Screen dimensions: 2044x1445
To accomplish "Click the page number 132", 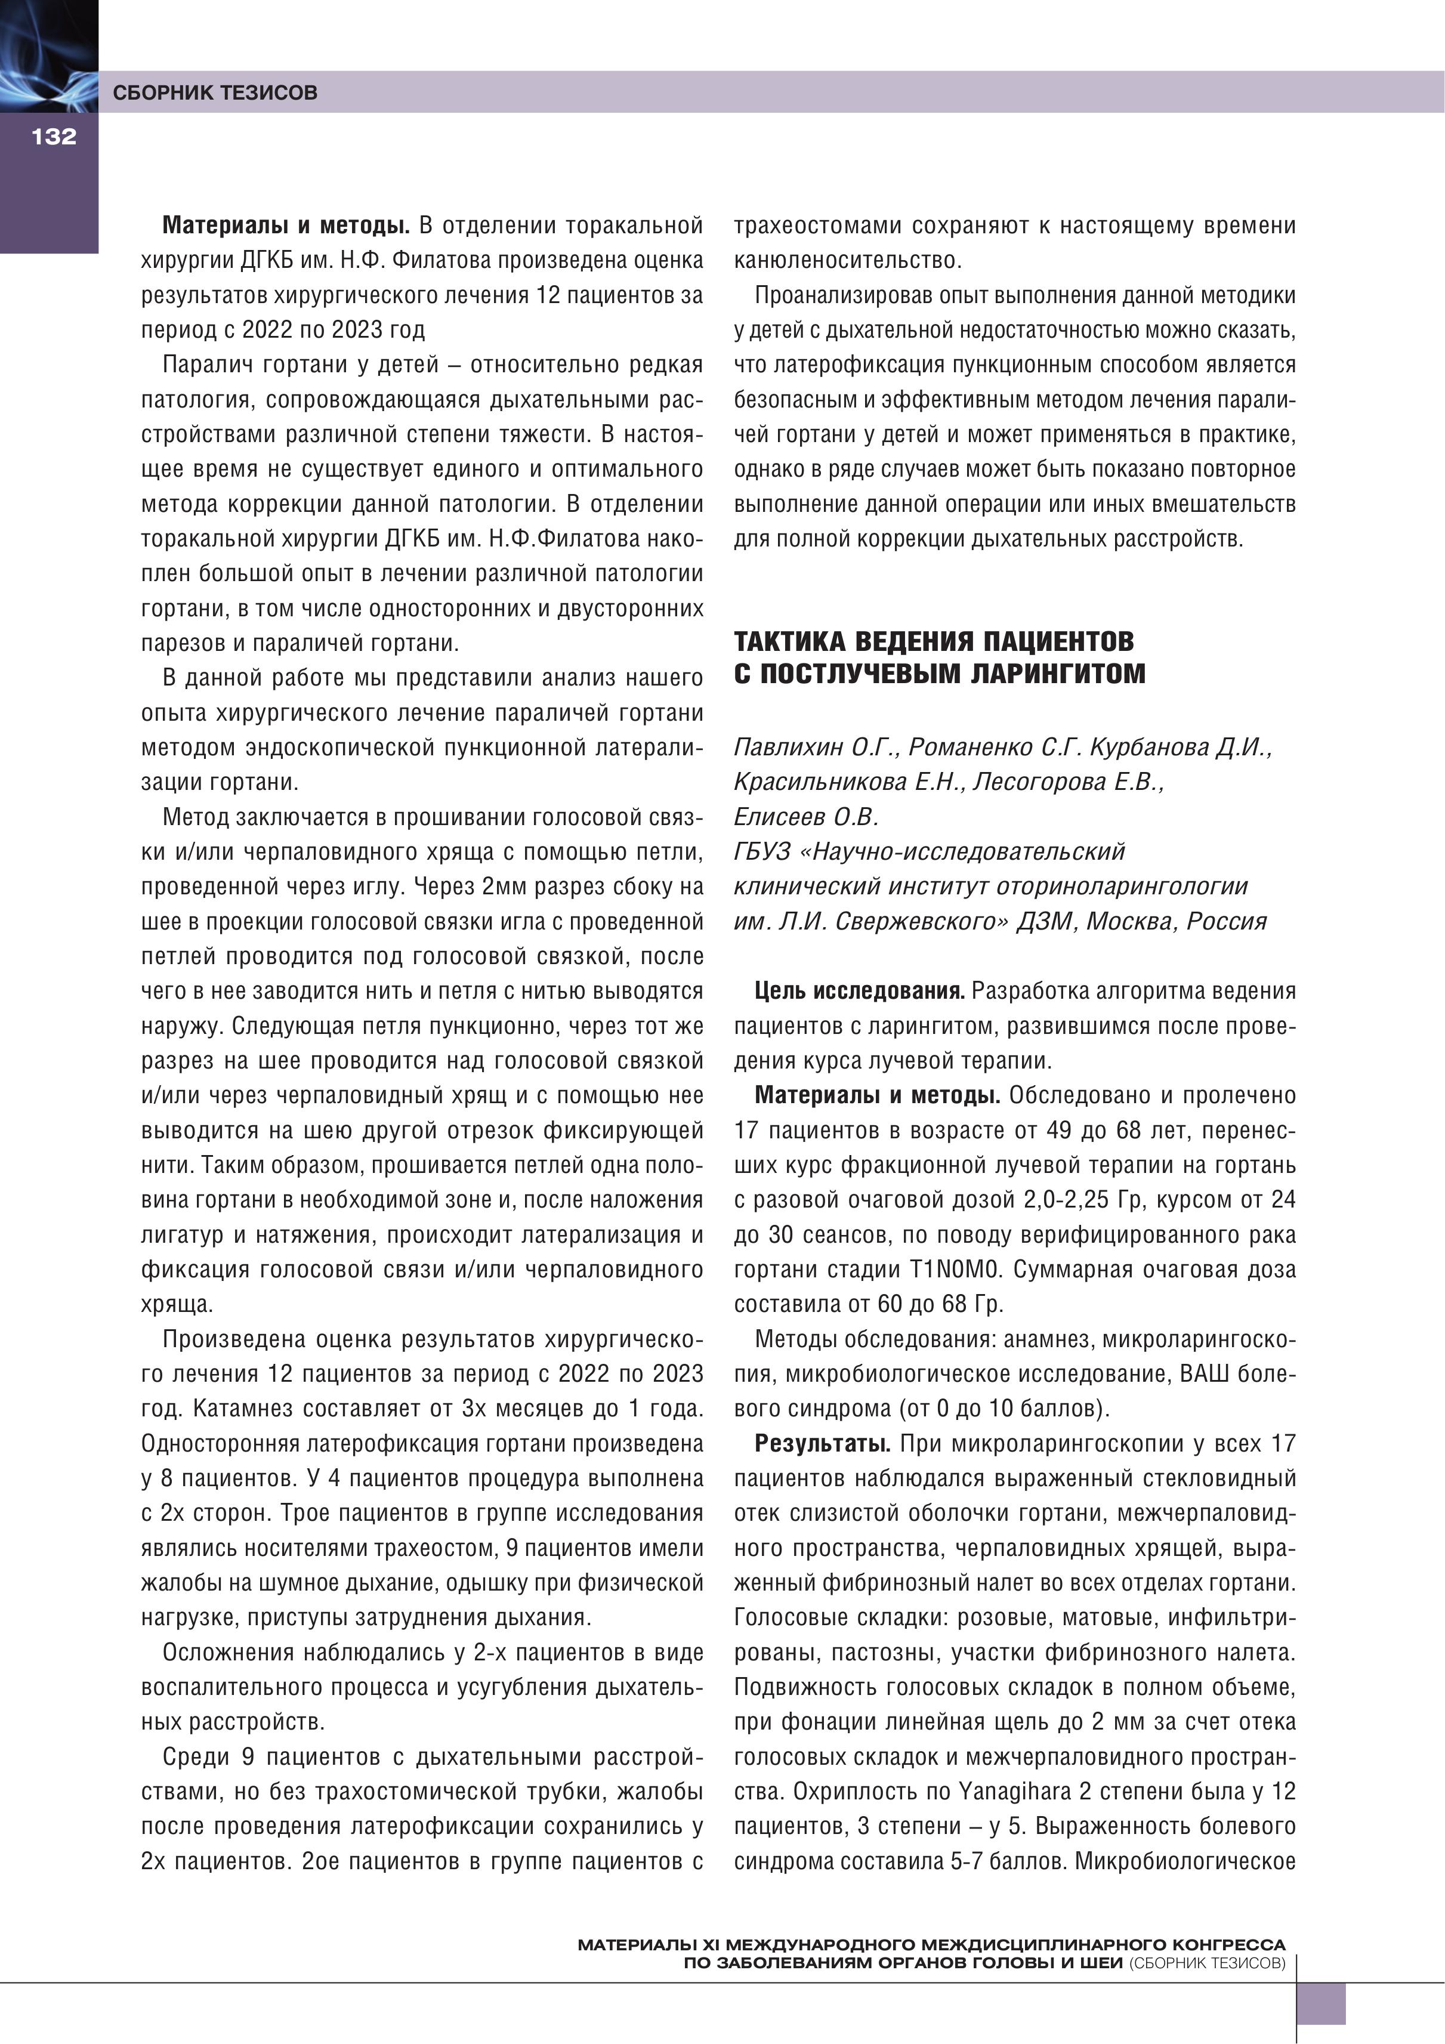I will point(54,136).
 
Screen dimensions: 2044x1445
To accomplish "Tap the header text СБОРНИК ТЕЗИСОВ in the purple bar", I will point(215,92).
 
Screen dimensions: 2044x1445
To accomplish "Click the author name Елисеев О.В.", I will point(806,816).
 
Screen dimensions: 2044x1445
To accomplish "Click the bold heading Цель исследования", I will point(859,991).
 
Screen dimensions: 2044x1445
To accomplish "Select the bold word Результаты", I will point(823,1444).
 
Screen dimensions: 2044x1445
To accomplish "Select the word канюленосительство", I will point(848,261).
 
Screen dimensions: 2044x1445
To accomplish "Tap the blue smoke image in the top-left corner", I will point(48,54).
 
